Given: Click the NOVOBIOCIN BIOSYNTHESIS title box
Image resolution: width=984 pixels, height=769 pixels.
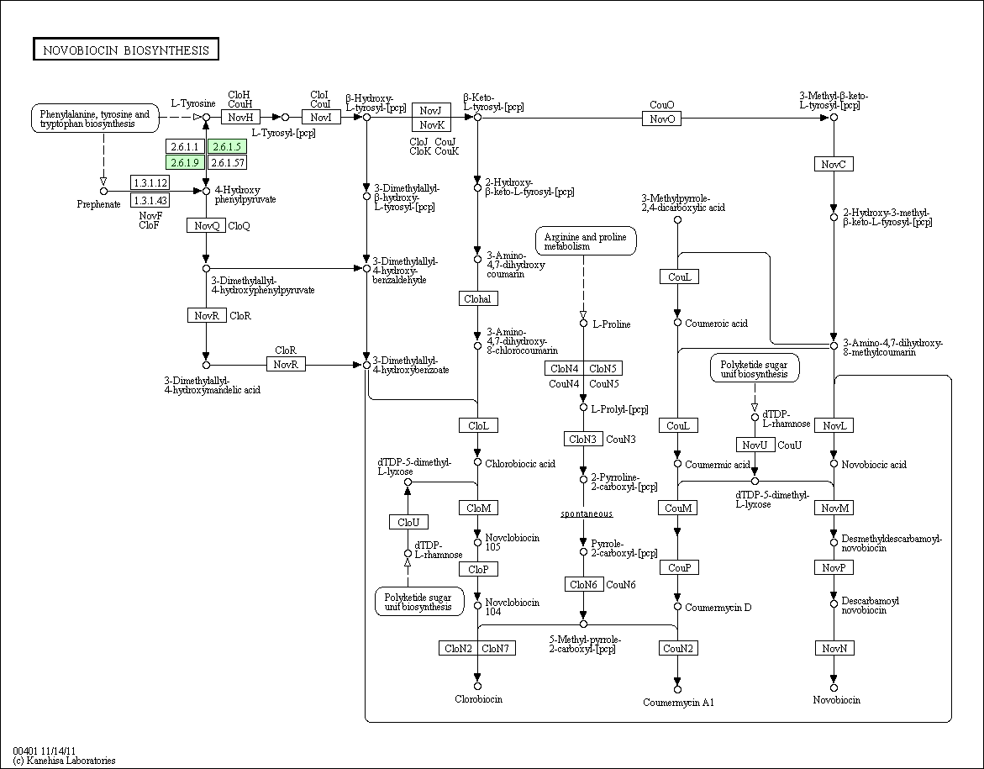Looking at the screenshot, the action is (125, 50).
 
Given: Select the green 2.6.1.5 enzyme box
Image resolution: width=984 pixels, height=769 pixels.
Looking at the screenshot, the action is (227, 146).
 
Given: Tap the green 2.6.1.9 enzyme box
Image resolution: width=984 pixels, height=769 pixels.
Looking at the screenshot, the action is (185, 162).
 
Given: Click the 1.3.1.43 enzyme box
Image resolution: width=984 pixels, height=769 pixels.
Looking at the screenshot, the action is (150, 200).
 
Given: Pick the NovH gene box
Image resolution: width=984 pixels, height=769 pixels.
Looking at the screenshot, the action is (240, 117).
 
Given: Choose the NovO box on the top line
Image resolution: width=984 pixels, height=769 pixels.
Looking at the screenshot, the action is (661, 118).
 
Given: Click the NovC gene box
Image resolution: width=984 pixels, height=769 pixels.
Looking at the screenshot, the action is (834, 165).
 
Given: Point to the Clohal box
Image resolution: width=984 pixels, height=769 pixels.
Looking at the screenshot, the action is (478, 299).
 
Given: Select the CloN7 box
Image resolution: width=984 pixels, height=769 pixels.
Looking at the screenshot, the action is (497, 649).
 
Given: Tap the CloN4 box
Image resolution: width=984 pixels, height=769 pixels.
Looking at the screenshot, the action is (564, 368).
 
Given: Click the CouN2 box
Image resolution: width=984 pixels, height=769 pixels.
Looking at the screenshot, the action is (678, 649).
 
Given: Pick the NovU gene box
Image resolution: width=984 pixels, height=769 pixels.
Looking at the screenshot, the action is (755, 445).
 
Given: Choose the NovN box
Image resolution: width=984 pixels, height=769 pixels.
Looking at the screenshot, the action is (834, 649).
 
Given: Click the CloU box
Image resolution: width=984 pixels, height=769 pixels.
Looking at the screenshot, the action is (408, 522).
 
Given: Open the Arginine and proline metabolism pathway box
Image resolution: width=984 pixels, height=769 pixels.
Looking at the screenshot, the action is (586, 242).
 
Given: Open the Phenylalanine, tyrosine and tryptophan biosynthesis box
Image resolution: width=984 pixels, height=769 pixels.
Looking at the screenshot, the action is (95, 119).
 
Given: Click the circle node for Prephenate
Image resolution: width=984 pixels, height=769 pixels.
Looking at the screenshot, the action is (104, 191).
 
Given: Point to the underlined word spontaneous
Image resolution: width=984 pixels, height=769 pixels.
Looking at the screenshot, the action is (587, 514).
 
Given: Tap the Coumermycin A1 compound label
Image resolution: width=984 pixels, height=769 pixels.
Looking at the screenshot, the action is (678, 703).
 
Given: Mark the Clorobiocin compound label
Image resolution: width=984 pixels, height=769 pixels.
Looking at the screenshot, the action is (479, 699).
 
